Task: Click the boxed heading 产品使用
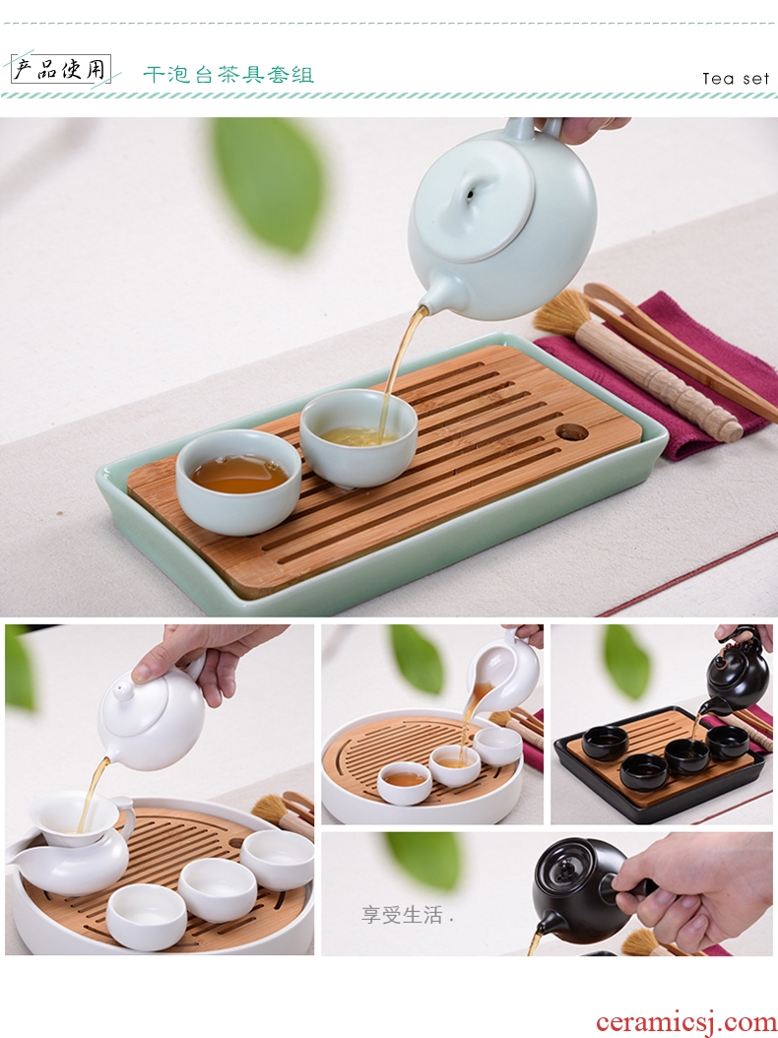(61, 69)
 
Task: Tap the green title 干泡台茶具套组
(228, 74)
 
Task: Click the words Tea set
(736, 79)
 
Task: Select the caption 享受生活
(403, 915)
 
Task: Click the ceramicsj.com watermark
(685, 1022)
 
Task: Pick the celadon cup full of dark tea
(238, 482)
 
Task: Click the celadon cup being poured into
(358, 436)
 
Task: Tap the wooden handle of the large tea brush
(658, 381)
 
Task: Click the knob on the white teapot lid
(122, 691)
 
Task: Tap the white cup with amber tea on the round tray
(405, 783)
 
